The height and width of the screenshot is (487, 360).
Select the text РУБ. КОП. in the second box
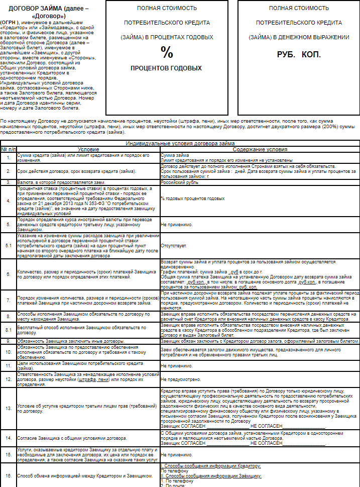[298, 54]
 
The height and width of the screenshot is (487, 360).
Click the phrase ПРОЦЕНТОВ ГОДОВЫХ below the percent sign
[166, 68]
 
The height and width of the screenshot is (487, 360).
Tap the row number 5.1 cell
[8, 246]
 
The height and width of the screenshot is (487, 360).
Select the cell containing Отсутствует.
[174, 246]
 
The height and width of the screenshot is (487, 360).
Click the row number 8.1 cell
[8, 330]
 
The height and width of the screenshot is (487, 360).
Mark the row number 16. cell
[8, 475]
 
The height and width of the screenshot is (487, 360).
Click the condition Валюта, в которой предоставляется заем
[61, 181]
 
